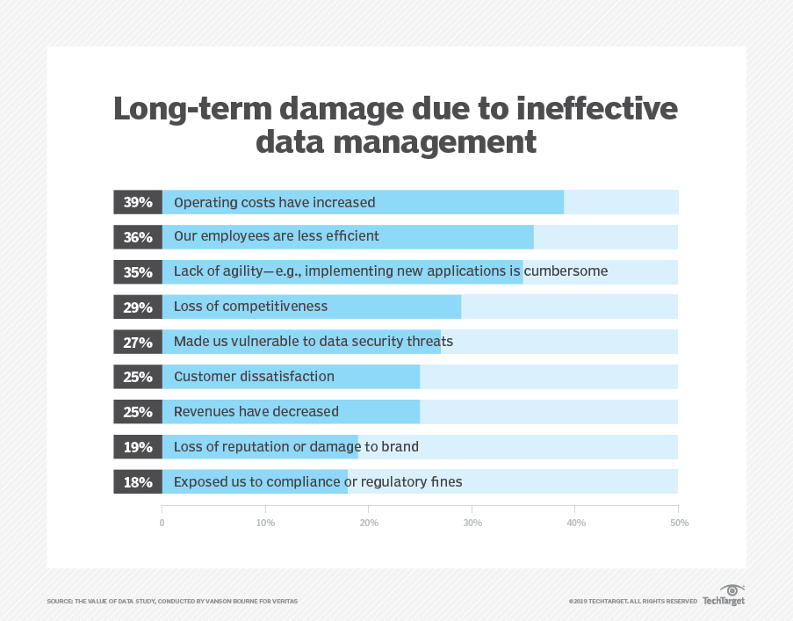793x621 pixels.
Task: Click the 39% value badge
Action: pos(138,202)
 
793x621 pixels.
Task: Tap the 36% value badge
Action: pos(138,237)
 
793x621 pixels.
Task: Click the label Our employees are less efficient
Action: pos(277,236)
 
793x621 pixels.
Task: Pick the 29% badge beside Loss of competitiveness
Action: pos(138,307)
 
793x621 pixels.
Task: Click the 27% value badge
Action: pos(138,342)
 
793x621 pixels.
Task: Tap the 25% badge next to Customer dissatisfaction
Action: pos(138,377)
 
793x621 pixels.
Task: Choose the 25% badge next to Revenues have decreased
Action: pos(138,412)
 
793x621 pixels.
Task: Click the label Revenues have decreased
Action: pos(256,411)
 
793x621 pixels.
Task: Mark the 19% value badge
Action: pos(138,447)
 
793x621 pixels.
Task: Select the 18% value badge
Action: pos(138,482)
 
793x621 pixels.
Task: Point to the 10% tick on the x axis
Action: pos(265,523)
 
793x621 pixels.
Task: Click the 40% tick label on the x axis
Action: pos(576,523)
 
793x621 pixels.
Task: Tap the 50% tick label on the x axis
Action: pos(679,523)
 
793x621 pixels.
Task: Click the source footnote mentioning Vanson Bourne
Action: pos(172,601)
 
